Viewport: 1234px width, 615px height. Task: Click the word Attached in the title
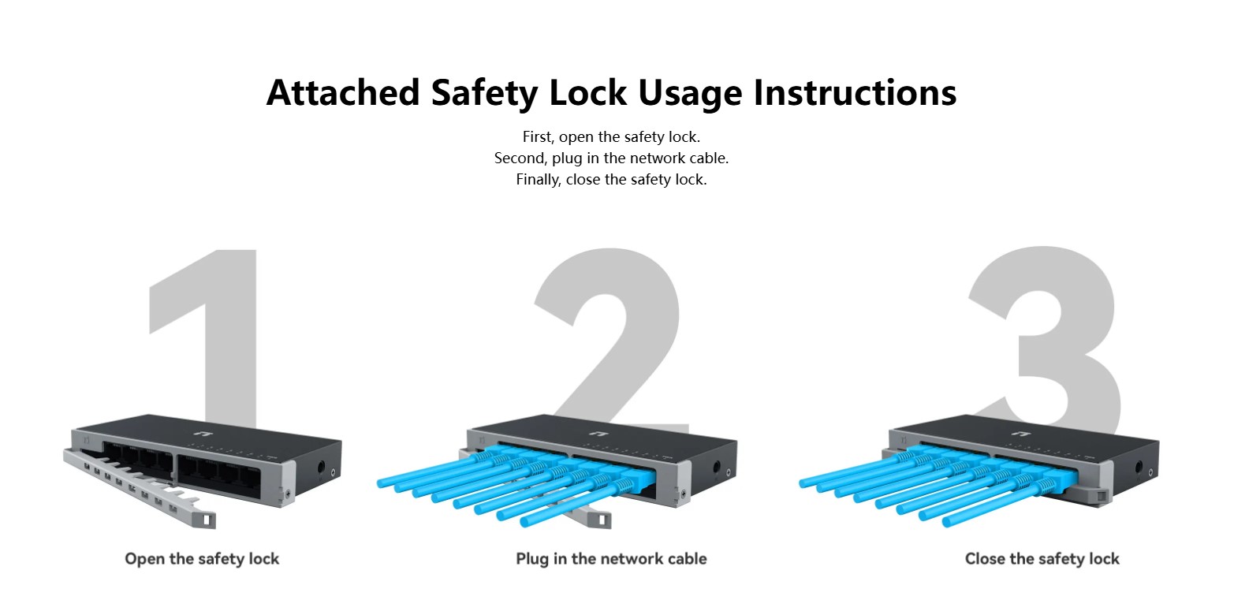coord(343,92)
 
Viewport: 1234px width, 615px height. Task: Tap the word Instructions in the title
coord(855,92)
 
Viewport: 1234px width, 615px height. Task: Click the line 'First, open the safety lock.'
coord(611,136)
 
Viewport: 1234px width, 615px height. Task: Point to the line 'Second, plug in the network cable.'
coord(611,158)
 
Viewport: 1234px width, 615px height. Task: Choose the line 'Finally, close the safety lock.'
coord(611,180)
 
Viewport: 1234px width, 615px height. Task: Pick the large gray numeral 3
coord(1044,336)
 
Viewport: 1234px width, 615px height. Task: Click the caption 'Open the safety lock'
coord(202,559)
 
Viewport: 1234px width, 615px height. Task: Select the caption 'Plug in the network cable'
coord(611,559)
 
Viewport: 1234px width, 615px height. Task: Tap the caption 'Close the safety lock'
coord(1042,559)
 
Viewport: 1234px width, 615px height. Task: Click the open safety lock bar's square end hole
coord(207,520)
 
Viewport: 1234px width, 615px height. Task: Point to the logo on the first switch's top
coord(203,434)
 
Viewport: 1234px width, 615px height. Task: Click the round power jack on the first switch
coord(322,468)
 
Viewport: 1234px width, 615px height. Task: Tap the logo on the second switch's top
coord(598,434)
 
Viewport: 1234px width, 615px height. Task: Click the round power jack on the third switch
coord(1139,468)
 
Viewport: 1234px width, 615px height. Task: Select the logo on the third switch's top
coord(1021,434)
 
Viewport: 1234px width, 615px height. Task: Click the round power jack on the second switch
coord(717,468)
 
